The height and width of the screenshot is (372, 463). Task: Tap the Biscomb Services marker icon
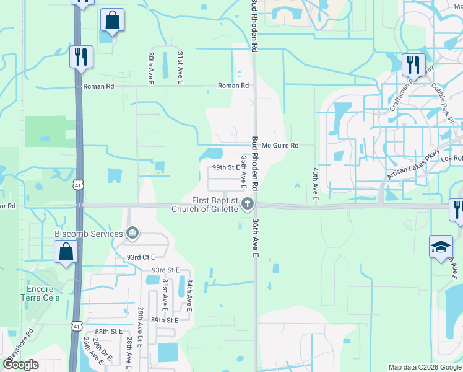click(132, 234)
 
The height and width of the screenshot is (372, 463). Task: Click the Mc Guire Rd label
click(280, 146)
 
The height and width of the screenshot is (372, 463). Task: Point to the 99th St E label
click(225, 167)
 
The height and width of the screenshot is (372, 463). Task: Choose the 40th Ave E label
click(315, 184)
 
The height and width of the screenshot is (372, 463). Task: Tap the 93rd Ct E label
click(140, 257)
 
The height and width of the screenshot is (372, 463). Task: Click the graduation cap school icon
click(441, 246)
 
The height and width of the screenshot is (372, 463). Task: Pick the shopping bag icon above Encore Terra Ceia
click(66, 252)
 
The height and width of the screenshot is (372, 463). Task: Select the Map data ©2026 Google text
click(423, 367)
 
